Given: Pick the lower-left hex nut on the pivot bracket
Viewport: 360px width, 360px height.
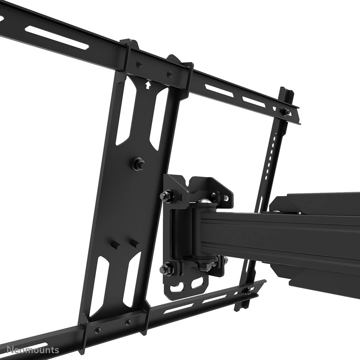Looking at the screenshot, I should coord(165,267).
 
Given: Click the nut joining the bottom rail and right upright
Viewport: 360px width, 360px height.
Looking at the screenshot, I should coord(248,291).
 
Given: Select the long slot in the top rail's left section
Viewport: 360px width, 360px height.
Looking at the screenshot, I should coord(57,38).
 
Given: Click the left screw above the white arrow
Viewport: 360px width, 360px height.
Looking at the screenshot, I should coord(139,64).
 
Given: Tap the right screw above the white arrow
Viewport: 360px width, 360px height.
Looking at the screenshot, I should coord(169,74).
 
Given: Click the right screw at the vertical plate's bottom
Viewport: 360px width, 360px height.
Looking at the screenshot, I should coord(128,322).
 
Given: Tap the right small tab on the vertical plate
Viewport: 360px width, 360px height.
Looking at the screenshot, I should coord(134,243).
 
